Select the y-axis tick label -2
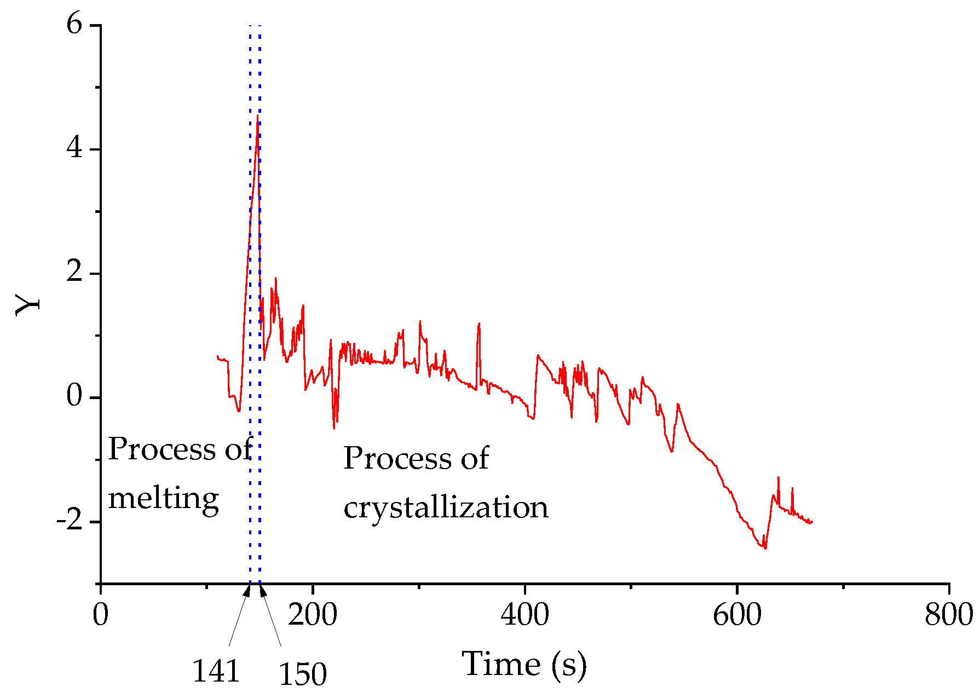point(70,521)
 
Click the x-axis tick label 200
point(313,615)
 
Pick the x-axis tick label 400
point(524,615)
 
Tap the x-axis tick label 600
point(737,615)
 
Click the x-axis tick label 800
point(949,615)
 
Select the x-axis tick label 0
point(101,615)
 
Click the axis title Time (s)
point(524,664)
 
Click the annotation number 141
point(216,672)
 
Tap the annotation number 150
point(303,674)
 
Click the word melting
point(163,499)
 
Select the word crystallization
point(446,507)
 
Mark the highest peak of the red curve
point(257,116)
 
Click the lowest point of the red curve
point(765,548)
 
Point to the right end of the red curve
point(812,522)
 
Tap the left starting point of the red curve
point(217,356)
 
